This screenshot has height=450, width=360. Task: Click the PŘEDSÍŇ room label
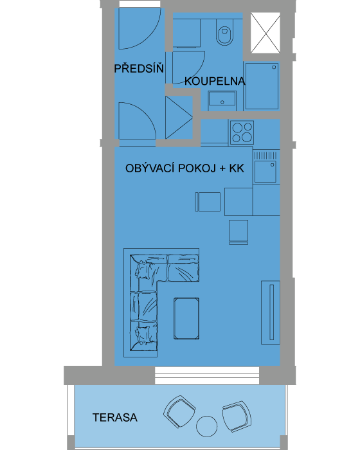139,68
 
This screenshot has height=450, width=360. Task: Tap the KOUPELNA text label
215,81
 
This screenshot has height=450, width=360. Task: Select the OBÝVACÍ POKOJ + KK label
184,168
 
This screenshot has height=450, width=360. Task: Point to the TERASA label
115,417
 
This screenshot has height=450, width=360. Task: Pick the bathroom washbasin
222,98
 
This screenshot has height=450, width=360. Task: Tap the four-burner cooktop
242,132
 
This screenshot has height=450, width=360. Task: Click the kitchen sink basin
265,172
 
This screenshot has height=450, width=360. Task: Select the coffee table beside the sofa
186,319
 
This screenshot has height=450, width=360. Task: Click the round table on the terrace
207,426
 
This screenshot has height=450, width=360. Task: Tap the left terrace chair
179,411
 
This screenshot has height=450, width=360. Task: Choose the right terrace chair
237,416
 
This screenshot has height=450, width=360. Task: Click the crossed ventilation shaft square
265,33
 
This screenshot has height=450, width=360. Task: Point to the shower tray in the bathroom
262,85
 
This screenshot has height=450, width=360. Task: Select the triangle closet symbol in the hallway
179,118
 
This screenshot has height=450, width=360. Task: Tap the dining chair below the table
239,232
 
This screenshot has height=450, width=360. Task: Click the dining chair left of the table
208,202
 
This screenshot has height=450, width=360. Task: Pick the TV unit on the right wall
271,312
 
